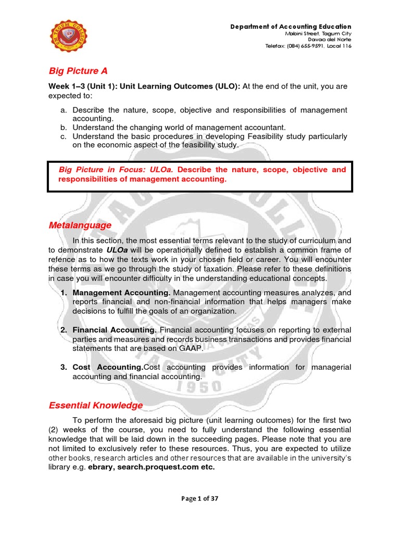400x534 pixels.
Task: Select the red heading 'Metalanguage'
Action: pyautogui.click(x=80, y=225)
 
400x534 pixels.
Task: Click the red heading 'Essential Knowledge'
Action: pyautogui.click(x=95, y=405)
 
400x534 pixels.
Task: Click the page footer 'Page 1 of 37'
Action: pyautogui.click(x=200, y=499)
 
